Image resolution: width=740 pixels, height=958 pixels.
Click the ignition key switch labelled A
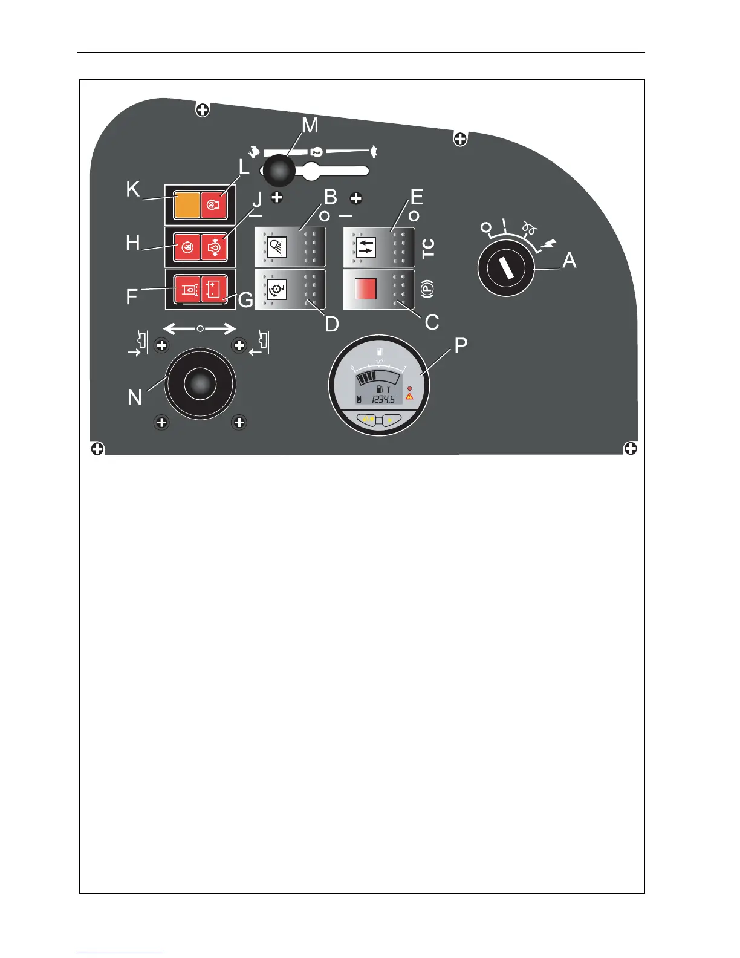(x=505, y=269)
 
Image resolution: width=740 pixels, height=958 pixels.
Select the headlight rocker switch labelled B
(x=290, y=247)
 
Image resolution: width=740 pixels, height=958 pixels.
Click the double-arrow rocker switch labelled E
(x=379, y=247)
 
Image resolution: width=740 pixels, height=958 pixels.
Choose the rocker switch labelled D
(x=290, y=290)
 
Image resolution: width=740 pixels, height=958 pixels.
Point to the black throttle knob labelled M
(x=279, y=171)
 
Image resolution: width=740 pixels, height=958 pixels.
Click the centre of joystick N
(x=200, y=383)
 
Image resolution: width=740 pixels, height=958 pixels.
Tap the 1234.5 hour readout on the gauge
(x=383, y=399)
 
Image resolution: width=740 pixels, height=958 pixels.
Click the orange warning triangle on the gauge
(x=409, y=397)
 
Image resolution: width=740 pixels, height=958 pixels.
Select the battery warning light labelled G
(x=214, y=290)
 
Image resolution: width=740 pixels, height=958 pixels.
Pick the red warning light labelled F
(x=187, y=290)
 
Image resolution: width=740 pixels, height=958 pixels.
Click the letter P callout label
(x=461, y=346)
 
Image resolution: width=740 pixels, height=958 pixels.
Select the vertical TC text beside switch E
(x=428, y=248)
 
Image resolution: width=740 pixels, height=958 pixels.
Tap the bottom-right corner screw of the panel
(x=630, y=448)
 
